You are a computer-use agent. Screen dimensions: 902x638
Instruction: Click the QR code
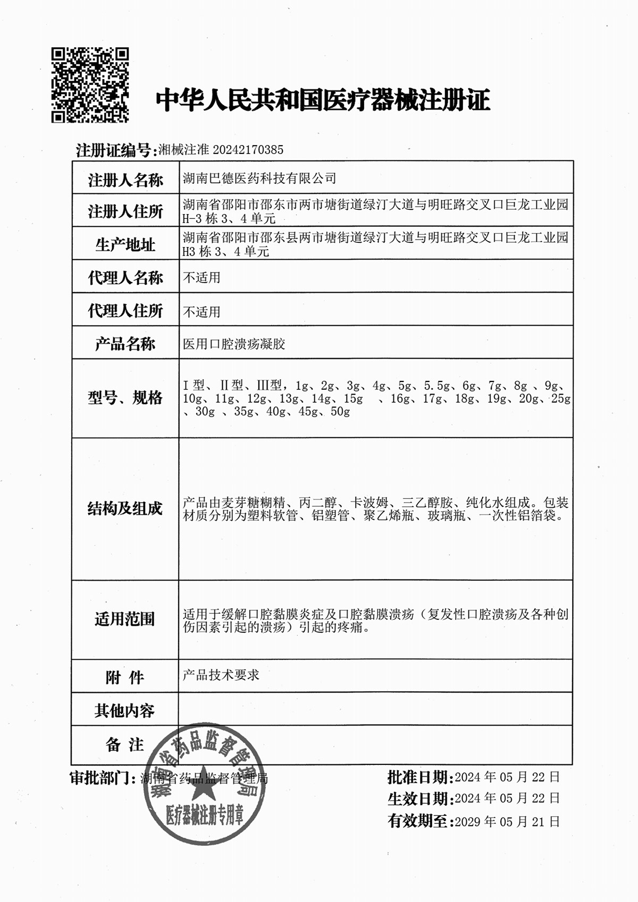(90, 86)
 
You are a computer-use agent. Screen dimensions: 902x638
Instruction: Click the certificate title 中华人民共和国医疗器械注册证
(323, 100)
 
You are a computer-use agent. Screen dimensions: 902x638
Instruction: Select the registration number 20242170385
(248, 150)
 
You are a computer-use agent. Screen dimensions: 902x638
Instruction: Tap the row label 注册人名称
(125, 180)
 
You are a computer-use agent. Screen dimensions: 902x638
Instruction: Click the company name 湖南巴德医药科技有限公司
(259, 178)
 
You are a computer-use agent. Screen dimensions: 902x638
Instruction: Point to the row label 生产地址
(125, 245)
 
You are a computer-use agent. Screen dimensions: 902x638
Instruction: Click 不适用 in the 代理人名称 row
(202, 278)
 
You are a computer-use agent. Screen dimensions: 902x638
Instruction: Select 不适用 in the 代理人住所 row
(202, 312)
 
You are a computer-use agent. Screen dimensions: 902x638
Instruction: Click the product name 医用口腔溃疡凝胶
(234, 344)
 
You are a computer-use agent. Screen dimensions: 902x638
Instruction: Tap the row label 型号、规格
(125, 397)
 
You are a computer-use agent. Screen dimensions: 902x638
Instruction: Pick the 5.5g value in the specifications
(436, 386)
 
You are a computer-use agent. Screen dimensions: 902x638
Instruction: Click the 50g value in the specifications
(340, 412)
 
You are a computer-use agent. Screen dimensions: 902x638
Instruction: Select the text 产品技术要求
(221, 675)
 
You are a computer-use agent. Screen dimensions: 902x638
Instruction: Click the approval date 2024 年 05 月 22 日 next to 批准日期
(507, 777)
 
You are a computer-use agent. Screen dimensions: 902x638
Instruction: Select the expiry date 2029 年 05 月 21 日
(507, 822)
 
